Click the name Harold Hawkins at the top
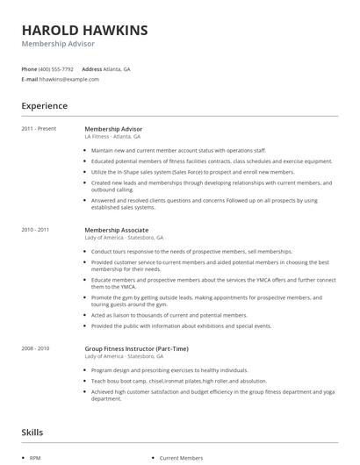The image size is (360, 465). (x=84, y=29)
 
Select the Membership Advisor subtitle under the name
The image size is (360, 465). (x=58, y=44)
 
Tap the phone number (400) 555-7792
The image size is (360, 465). (x=56, y=68)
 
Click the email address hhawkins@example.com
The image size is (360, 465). (x=69, y=79)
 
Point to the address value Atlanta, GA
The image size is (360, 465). (x=118, y=68)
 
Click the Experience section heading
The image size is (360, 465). (x=44, y=106)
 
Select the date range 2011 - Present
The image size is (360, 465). (x=38, y=129)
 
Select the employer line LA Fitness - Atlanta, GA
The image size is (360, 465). (x=112, y=137)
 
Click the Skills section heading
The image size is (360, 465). (x=32, y=433)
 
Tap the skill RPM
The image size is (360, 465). (x=36, y=458)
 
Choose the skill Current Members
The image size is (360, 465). (x=181, y=458)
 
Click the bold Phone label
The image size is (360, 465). (x=29, y=68)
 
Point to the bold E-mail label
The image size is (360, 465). (x=30, y=79)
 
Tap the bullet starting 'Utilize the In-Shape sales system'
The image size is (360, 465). (x=193, y=172)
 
